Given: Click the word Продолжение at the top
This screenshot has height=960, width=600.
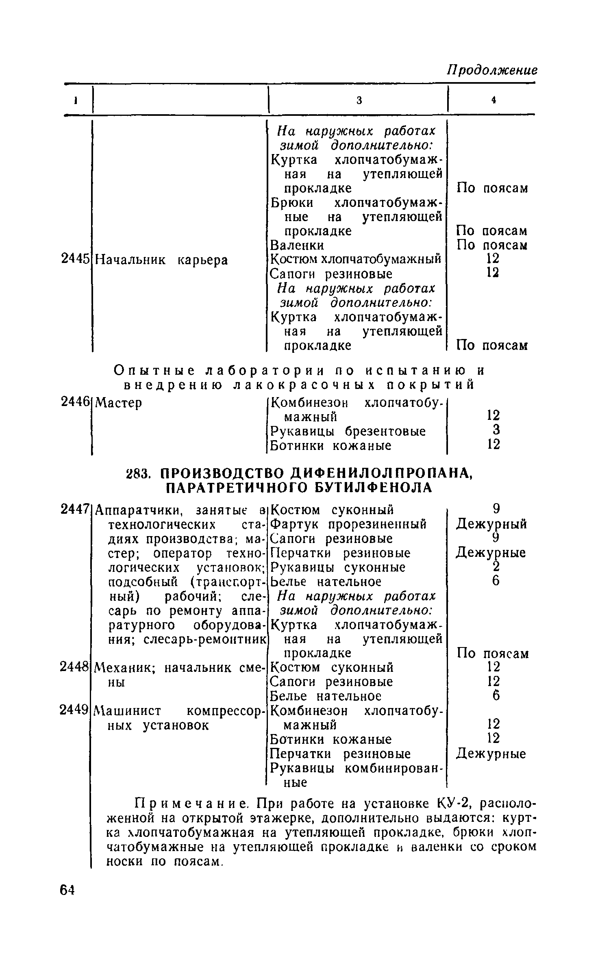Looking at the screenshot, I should [x=492, y=70].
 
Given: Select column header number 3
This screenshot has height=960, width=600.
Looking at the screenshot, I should [x=359, y=101].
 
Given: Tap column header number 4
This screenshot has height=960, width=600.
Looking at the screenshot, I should [x=493, y=101].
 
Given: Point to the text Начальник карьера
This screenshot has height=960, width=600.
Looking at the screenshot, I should [x=162, y=259].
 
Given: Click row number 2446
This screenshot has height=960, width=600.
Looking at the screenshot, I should [x=75, y=402].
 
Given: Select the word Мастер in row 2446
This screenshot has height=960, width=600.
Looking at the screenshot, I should [x=120, y=402].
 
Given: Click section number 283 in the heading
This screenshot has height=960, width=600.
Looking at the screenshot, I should [x=138, y=473].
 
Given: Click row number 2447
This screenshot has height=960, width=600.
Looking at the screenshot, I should [x=75, y=508].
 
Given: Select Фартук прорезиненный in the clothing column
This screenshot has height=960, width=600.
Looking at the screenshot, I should [x=349, y=524].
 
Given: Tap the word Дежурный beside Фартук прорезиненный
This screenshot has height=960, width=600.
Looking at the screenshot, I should [x=491, y=524].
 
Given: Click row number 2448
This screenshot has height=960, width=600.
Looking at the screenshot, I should [x=74, y=667].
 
